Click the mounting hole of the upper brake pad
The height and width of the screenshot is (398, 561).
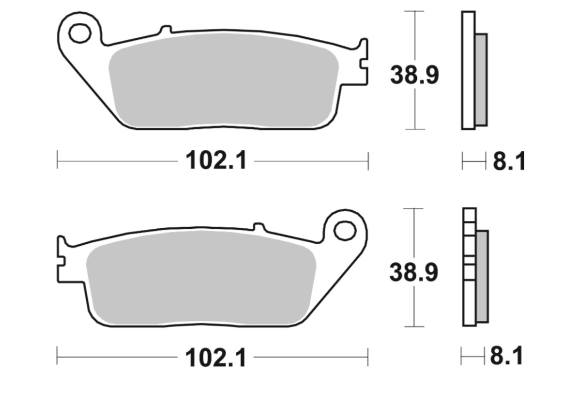80,34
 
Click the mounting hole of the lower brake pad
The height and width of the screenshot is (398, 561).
345,230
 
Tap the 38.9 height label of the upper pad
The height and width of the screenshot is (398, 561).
414,75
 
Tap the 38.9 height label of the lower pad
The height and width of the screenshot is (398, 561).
414,272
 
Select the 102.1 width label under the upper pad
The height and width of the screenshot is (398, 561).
216,161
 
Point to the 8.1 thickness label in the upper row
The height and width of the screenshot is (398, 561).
509,161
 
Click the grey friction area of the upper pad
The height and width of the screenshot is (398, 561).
223,80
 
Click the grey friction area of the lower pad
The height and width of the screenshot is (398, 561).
201,278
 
